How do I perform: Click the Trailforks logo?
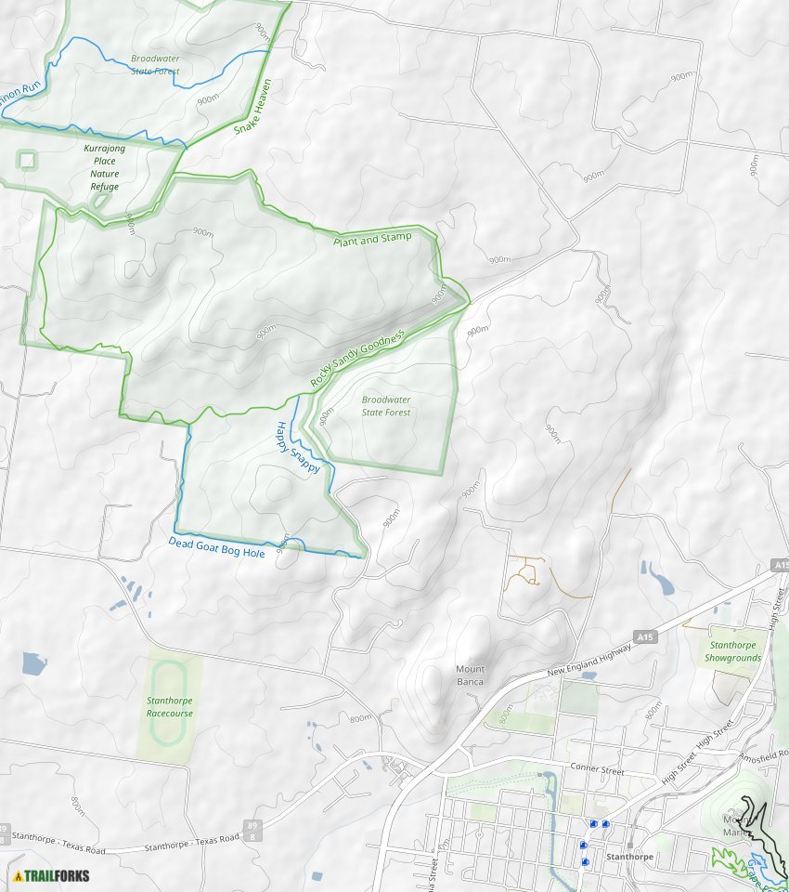tap(52, 875)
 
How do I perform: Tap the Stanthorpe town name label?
tap(628, 857)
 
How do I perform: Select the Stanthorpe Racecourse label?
tap(169, 707)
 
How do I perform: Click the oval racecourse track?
tap(168, 703)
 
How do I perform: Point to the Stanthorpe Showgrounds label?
tap(733, 651)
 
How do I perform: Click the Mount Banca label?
tap(470, 676)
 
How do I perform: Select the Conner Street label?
tap(599, 770)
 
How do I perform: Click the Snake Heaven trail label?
tap(253, 107)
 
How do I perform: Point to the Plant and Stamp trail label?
tap(371, 239)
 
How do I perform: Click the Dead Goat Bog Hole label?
tap(216, 547)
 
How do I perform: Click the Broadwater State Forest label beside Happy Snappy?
tap(386, 406)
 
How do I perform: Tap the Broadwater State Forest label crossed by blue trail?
tap(155, 63)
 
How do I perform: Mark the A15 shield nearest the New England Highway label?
tap(646, 636)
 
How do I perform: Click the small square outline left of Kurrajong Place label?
tap(27, 161)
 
